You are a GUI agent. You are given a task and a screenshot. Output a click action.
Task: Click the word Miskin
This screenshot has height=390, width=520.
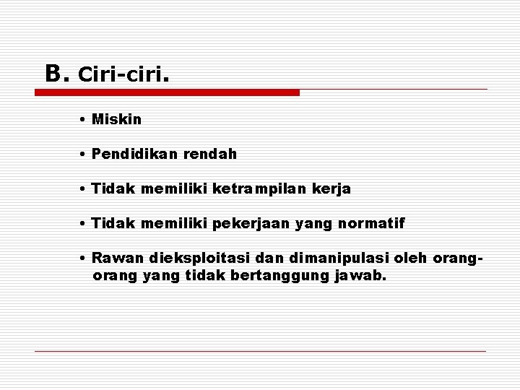click(117, 119)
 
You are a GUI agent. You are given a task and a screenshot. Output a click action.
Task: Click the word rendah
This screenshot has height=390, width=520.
click(212, 155)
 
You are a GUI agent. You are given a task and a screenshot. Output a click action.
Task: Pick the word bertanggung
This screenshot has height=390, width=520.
click(271, 276)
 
